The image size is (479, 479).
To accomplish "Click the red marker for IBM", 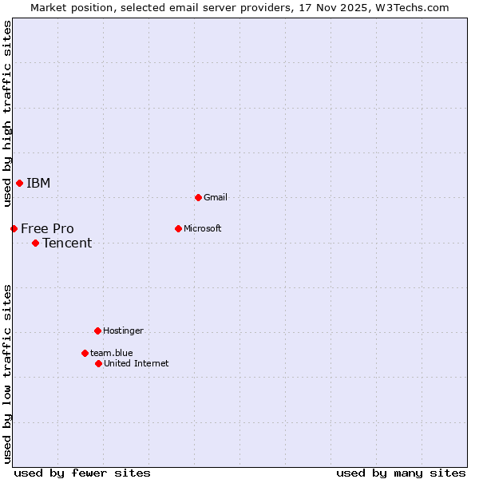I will (19, 184).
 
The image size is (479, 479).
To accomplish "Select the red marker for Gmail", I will (198, 197).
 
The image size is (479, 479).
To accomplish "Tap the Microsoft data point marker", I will (178, 228).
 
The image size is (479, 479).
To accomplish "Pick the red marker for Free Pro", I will (14, 229).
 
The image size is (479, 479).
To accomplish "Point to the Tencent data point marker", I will (35, 243).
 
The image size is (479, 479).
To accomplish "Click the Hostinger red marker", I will (97, 331).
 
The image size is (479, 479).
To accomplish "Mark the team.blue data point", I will (85, 353).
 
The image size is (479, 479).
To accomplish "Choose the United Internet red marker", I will (98, 363).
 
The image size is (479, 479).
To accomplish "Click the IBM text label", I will (38, 184).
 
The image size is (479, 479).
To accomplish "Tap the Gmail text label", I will (216, 197).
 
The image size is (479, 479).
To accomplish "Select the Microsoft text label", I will (203, 228).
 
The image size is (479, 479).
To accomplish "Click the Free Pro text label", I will (47, 229).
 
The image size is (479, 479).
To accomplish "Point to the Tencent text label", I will (67, 243).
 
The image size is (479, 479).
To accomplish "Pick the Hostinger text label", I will (123, 331).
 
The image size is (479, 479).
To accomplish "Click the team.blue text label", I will (111, 353).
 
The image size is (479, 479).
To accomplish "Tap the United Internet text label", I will (136, 363).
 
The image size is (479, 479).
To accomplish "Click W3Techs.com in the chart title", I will (412, 7).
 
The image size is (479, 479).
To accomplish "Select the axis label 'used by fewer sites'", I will (82, 473).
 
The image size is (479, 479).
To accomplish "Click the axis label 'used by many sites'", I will (401, 473).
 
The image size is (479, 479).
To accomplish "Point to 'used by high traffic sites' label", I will (7, 113).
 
